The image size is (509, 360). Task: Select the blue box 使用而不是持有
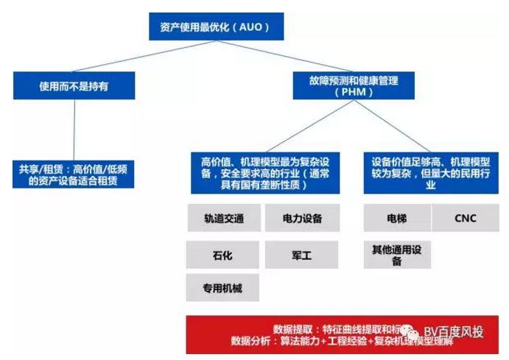[73, 85]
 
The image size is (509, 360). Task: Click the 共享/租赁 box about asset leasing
[73, 174]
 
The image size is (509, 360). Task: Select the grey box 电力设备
[301, 219]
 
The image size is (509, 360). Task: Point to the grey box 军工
[301, 255]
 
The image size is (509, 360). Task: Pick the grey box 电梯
[396, 219]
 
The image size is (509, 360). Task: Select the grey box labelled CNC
[466, 219]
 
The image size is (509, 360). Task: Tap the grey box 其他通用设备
[396, 255]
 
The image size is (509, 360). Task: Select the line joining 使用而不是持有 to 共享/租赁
[74, 129]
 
